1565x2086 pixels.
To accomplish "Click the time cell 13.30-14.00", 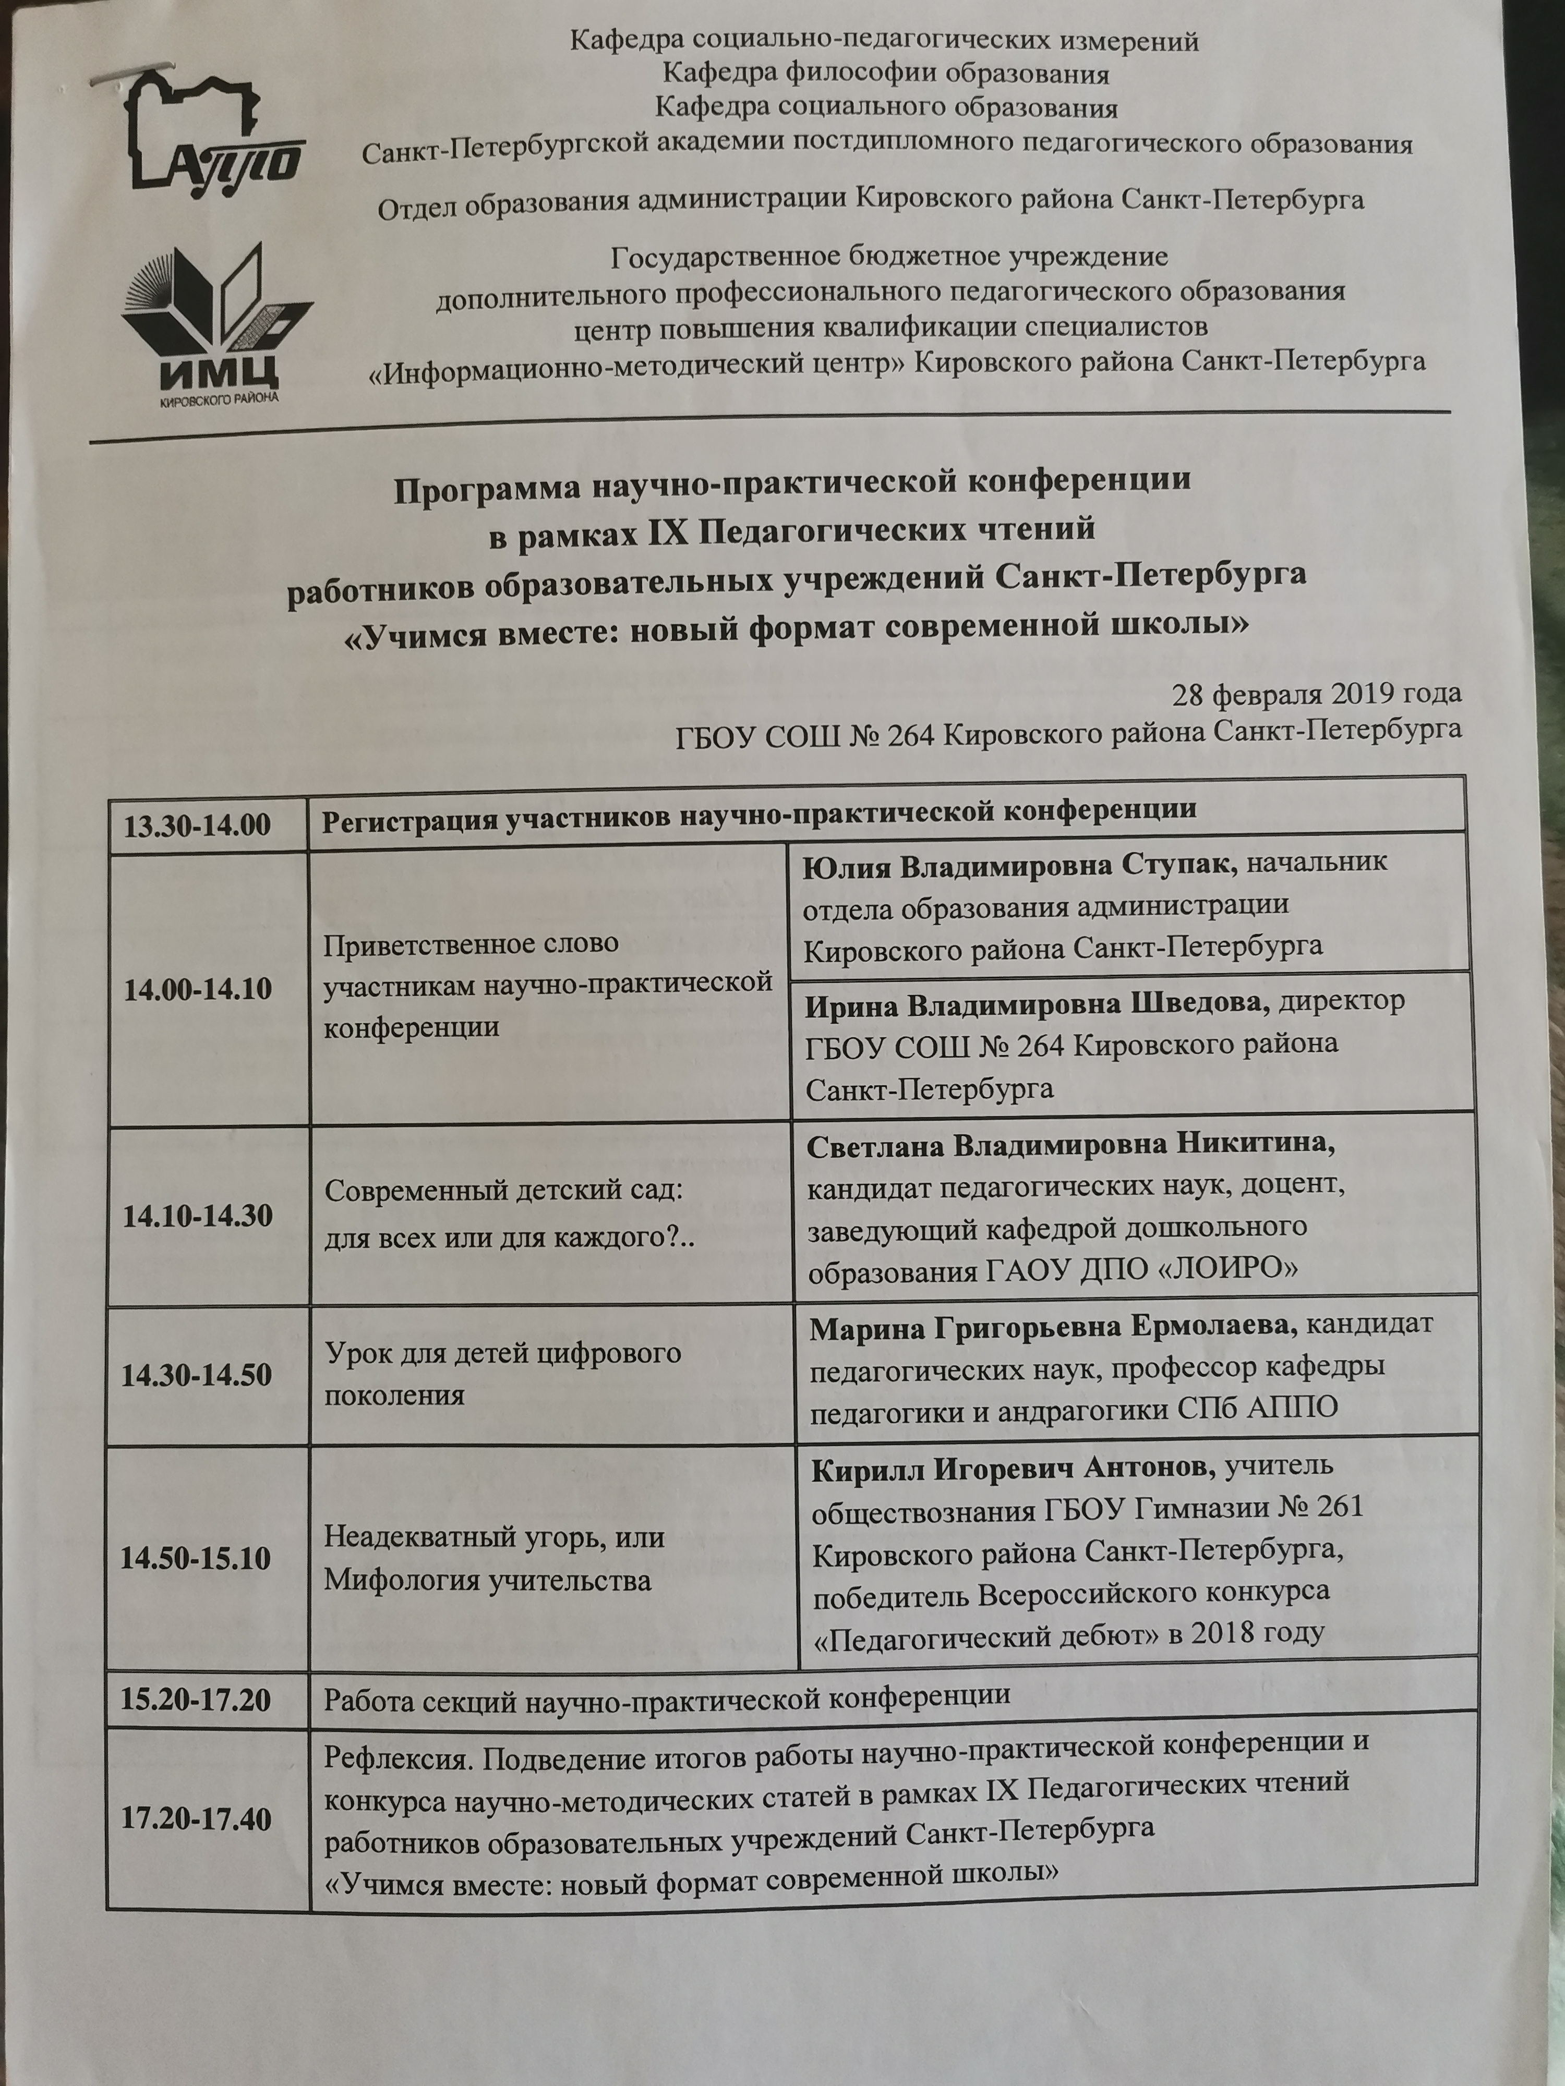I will pyautogui.click(x=197, y=823).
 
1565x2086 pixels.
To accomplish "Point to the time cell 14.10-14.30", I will pyautogui.click(x=197, y=1216).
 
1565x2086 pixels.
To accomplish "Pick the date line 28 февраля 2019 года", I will pyautogui.click(x=1316, y=694).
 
